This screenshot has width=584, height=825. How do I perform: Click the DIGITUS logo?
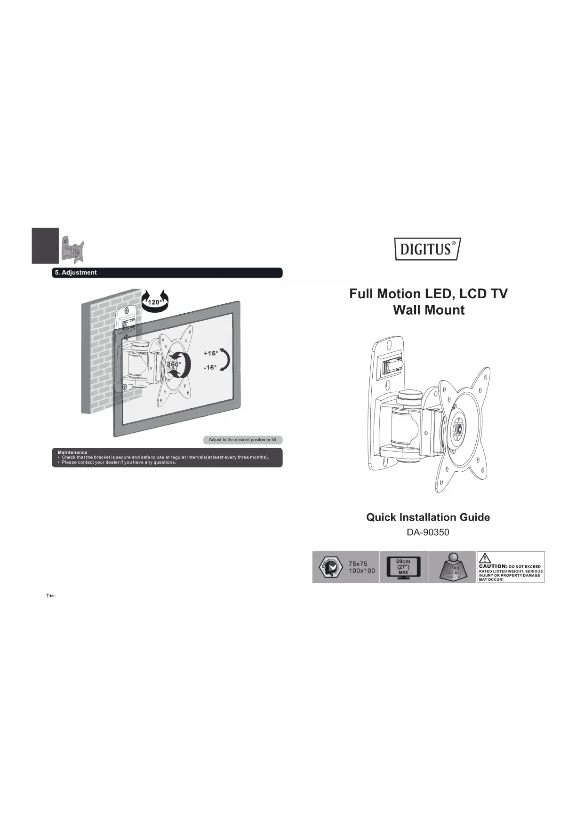(x=427, y=249)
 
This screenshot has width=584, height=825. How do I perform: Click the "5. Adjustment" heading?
(x=76, y=273)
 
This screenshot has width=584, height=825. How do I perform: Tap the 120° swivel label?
(x=155, y=302)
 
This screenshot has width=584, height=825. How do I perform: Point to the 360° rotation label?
(x=174, y=365)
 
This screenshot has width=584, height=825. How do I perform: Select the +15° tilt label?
(x=210, y=353)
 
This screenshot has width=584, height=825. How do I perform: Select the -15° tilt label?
(x=210, y=367)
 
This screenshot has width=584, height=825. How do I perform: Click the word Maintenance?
(x=72, y=452)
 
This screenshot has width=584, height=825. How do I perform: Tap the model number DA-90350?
(x=428, y=532)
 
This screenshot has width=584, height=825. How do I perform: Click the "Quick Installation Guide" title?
(x=428, y=517)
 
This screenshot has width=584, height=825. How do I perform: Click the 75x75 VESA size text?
(x=358, y=563)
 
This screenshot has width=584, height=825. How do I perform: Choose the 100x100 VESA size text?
(x=361, y=571)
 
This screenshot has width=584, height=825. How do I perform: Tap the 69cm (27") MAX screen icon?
(x=403, y=567)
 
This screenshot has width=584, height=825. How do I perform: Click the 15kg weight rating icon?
(x=453, y=568)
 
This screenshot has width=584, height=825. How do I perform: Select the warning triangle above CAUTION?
(x=485, y=558)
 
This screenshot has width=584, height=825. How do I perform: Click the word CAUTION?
(x=492, y=566)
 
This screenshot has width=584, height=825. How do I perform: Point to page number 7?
(x=47, y=596)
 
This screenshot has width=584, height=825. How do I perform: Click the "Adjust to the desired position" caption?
(x=243, y=440)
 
